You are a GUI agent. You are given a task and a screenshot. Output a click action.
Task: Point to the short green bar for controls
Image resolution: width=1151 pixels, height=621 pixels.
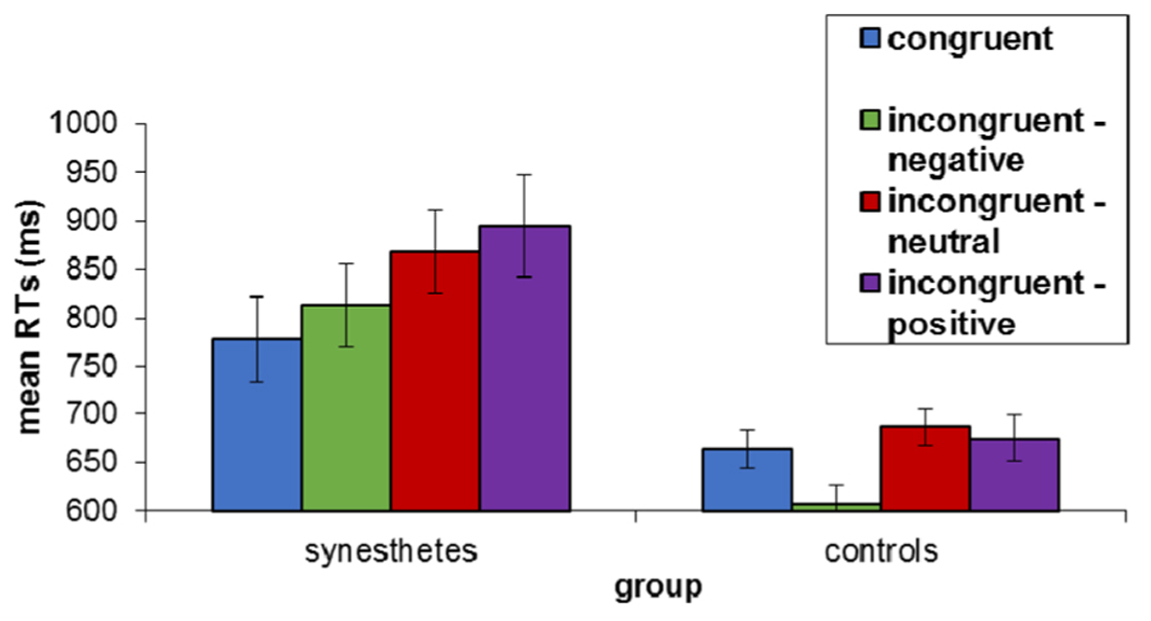click(x=836, y=507)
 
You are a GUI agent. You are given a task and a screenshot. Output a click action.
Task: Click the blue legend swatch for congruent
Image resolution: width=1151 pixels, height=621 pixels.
click(x=870, y=38)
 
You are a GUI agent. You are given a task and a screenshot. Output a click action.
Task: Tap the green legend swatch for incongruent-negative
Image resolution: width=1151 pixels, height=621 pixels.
click(x=870, y=120)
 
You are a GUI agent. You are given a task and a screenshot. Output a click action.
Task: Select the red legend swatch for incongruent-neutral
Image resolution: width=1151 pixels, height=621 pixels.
click(x=870, y=201)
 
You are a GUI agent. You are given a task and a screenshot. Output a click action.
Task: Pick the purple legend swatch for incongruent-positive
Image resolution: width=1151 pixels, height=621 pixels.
click(x=870, y=283)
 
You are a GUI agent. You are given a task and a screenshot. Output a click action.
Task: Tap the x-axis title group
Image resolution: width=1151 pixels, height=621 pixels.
click(x=658, y=587)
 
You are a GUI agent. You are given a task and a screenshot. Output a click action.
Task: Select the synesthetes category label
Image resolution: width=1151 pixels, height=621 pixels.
click(x=391, y=551)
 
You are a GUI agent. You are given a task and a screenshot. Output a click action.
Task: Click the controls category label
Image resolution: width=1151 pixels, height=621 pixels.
click(x=881, y=551)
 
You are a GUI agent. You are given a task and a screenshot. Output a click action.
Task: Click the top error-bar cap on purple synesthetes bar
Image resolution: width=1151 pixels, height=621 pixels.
click(x=525, y=175)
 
